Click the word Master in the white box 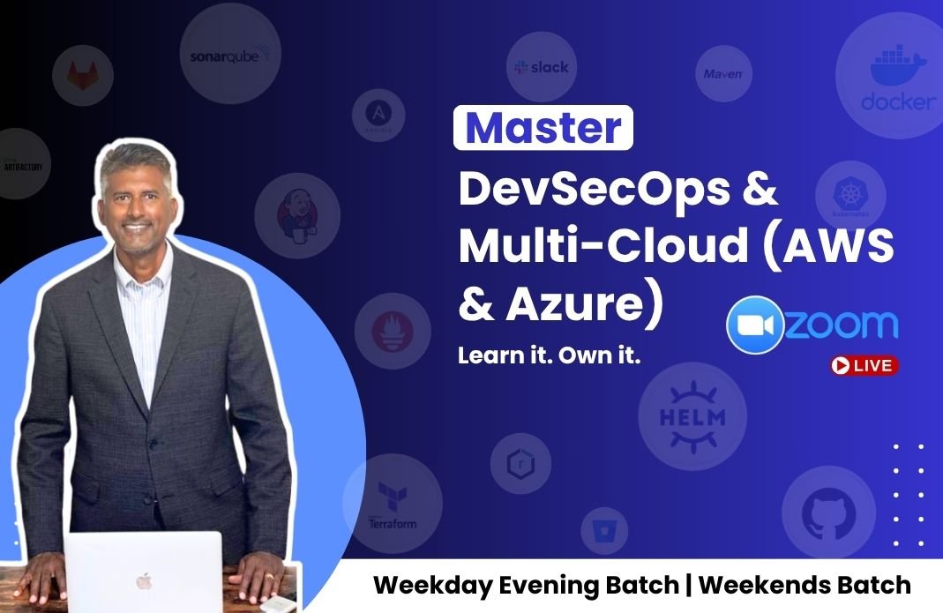(543, 129)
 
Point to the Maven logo (723, 74)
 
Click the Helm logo (692, 415)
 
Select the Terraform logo (392, 505)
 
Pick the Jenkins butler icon (297, 215)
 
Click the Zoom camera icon (754, 325)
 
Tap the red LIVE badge (864, 365)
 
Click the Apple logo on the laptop (144, 580)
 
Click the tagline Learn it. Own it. (548, 356)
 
